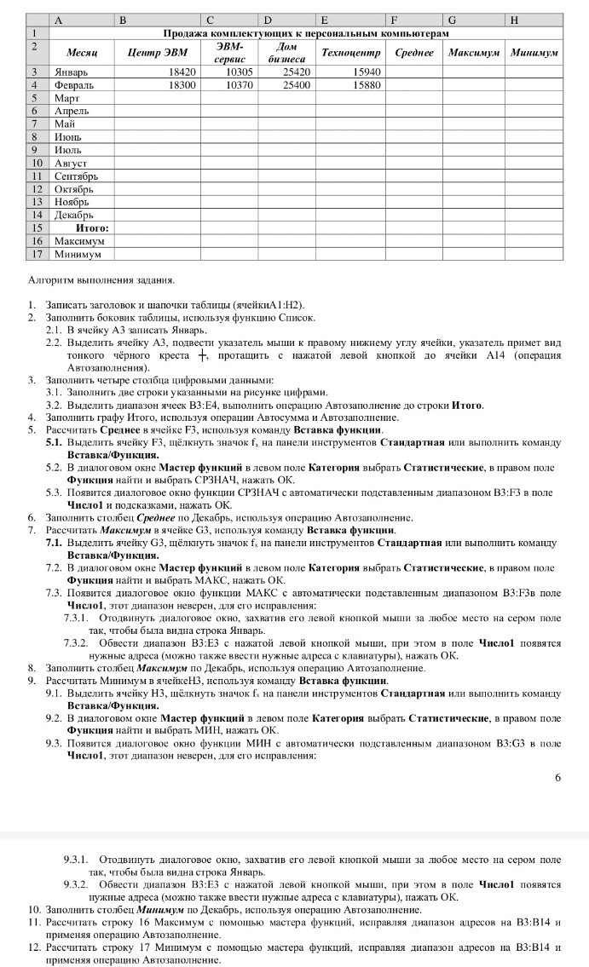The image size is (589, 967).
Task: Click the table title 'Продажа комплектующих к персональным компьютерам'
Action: (305, 32)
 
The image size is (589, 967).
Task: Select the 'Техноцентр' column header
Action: (350, 53)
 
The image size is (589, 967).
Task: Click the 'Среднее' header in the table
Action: (415, 53)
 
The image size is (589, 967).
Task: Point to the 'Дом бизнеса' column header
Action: (286, 53)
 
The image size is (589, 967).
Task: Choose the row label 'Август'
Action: (71, 163)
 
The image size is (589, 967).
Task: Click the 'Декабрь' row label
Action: (73, 216)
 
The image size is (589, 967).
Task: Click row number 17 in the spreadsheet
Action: (37, 254)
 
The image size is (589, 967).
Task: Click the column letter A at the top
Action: (58, 19)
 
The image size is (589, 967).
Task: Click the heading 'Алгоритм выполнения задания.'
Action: (101, 279)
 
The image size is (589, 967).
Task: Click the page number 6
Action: (557, 777)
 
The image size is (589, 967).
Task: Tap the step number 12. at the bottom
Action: (35, 947)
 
